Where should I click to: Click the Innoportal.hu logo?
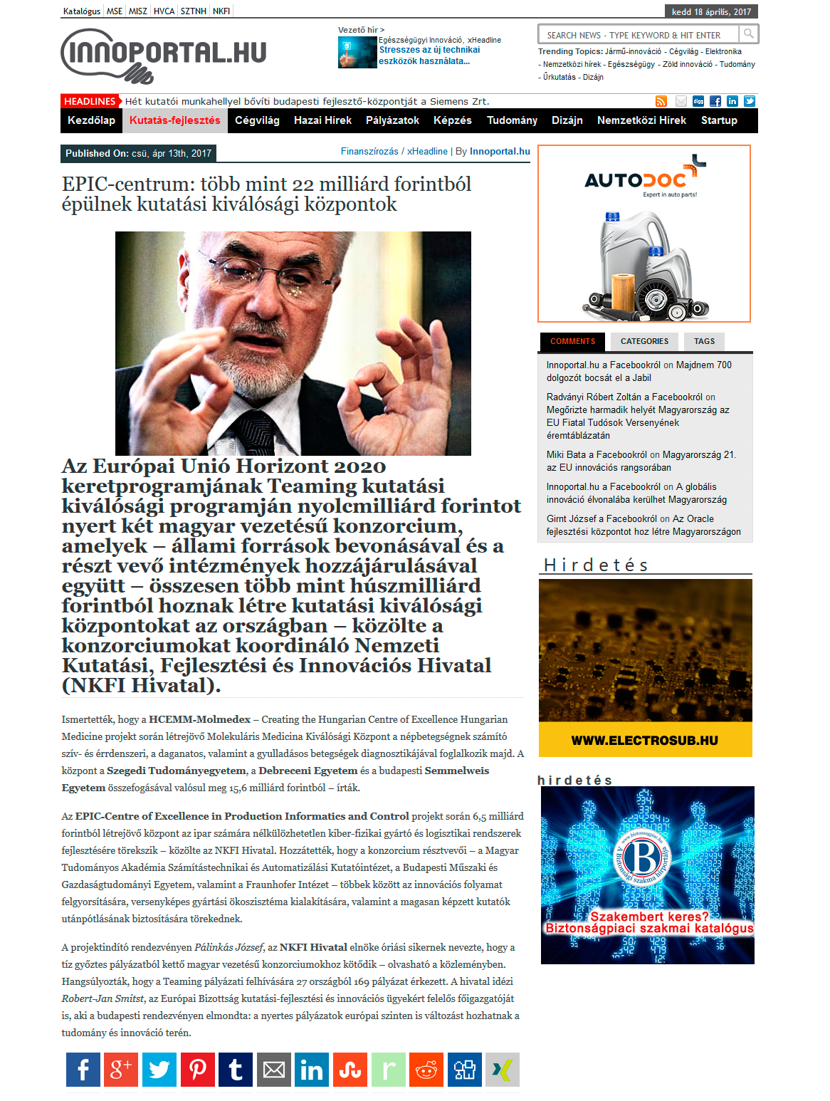click(164, 55)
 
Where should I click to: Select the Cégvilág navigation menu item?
click(257, 120)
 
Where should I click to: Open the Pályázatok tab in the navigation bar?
click(392, 120)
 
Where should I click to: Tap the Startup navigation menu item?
click(719, 120)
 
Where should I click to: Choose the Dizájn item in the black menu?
click(567, 120)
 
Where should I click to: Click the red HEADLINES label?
click(90, 101)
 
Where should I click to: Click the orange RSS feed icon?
click(661, 101)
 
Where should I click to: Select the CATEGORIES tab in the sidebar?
click(644, 341)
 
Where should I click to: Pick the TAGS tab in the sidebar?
click(704, 341)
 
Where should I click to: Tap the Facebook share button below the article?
click(83, 1070)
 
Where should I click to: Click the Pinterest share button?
click(198, 1070)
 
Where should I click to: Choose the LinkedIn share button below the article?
click(312, 1070)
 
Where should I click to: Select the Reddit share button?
click(426, 1070)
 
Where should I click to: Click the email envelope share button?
click(274, 1070)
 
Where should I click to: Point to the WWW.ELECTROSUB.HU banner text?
click(644, 741)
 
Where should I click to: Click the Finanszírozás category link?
click(369, 152)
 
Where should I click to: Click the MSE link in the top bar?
click(115, 11)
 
